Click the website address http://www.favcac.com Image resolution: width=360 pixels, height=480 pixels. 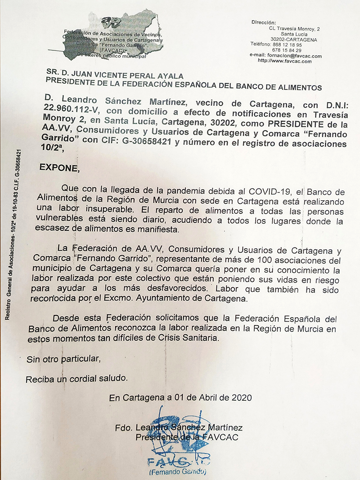coord(285,61)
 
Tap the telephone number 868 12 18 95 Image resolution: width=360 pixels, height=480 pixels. coord(287,45)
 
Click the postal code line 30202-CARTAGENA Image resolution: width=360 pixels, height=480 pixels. coord(293,40)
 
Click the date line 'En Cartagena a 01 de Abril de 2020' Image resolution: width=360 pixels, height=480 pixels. coord(180,398)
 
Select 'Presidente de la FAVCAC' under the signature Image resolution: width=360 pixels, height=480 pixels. coord(187,437)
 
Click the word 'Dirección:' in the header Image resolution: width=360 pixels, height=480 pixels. coord(264,22)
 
